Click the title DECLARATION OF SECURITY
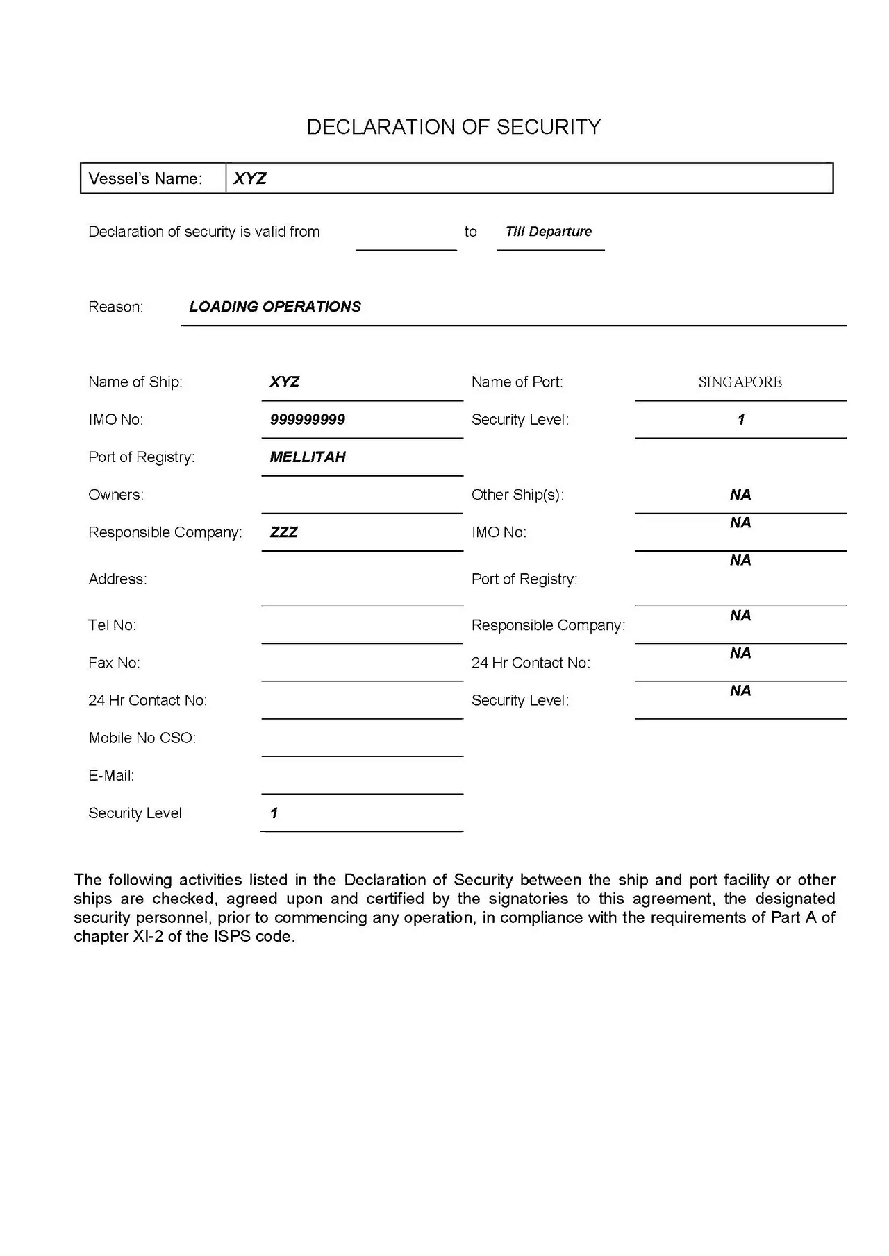click(454, 127)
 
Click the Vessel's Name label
click(145, 178)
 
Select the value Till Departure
click(549, 232)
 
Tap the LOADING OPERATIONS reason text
click(275, 307)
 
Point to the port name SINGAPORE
click(740, 382)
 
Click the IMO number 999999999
click(308, 420)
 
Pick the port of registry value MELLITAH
click(308, 457)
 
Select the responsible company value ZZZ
click(283, 532)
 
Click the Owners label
click(116, 495)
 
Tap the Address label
click(117, 579)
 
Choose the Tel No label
click(112, 625)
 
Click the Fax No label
click(114, 663)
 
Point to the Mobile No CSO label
click(142, 738)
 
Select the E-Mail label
click(111, 776)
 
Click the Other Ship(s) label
click(517, 495)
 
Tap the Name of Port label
click(517, 382)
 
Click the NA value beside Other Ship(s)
click(740, 495)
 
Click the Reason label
click(115, 307)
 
